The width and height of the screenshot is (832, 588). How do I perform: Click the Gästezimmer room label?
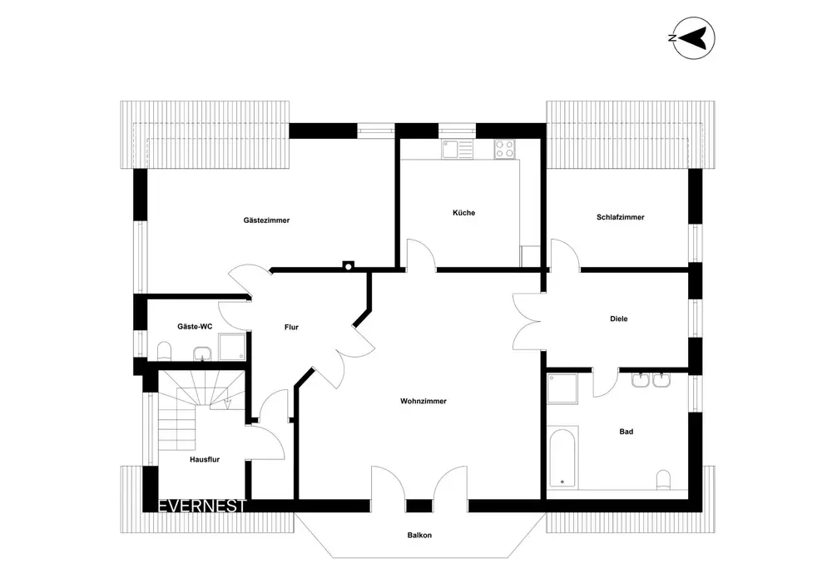click(266, 220)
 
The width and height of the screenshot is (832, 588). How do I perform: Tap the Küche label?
click(463, 213)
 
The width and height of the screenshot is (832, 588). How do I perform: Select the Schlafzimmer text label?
click(621, 217)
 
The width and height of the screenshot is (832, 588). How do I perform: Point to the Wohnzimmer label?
click(423, 402)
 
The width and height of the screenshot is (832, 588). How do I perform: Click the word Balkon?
click(419, 535)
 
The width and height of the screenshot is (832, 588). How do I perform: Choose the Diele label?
click(619, 319)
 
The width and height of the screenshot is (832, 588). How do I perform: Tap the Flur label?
click(291, 327)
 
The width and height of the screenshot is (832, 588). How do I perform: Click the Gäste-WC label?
click(195, 327)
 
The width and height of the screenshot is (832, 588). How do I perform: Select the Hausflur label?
click(205, 460)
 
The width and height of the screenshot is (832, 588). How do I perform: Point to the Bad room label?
click(626, 432)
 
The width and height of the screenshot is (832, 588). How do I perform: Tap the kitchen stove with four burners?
click(504, 149)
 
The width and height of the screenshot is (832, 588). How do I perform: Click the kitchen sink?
click(457, 149)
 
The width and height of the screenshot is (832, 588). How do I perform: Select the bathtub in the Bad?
click(562, 457)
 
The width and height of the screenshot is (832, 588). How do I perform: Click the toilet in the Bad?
click(663, 479)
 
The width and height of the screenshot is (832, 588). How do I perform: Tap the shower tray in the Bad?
click(562, 388)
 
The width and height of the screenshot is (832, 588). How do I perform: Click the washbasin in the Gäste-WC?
click(202, 353)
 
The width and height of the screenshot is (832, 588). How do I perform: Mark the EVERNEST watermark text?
click(202, 506)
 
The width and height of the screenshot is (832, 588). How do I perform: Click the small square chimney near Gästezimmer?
click(349, 265)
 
